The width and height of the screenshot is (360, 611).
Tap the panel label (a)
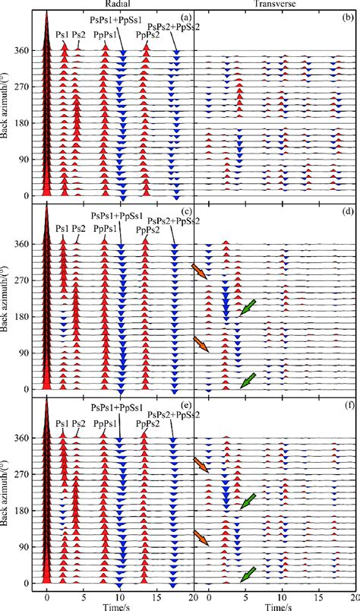[183, 16]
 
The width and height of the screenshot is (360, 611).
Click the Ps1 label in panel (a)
[65, 34]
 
